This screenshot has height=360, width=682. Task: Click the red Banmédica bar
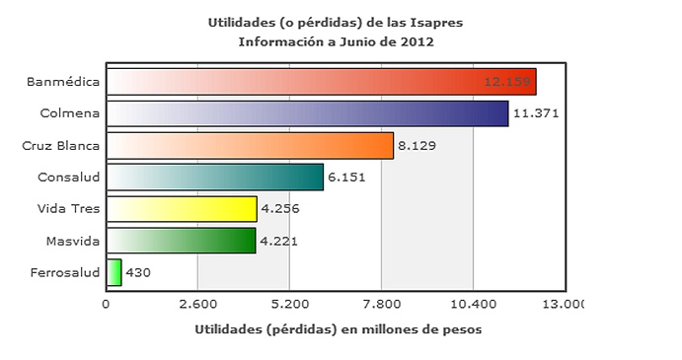pyautogui.click(x=321, y=81)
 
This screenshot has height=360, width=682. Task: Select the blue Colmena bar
pyautogui.click(x=307, y=113)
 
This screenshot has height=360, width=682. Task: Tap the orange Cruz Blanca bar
pyautogui.click(x=250, y=145)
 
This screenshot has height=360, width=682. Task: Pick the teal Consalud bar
pyautogui.click(x=214, y=177)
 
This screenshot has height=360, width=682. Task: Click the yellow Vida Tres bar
pyautogui.click(x=182, y=209)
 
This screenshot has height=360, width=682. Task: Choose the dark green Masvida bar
pyautogui.click(x=181, y=241)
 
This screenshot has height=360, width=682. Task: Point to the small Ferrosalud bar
pyautogui.click(x=114, y=272)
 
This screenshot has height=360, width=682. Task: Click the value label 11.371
pyautogui.click(x=537, y=113)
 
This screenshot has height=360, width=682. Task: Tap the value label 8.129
pyautogui.click(x=417, y=146)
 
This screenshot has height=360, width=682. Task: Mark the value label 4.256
pyautogui.click(x=279, y=209)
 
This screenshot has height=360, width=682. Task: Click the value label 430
pyautogui.click(x=138, y=273)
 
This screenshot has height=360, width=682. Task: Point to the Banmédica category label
pyautogui.click(x=63, y=81)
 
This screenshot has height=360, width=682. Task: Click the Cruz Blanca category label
pyautogui.click(x=61, y=145)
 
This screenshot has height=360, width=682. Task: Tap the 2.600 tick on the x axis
pyautogui.click(x=197, y=304)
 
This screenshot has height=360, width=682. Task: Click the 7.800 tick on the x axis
pyautogui.click(x=382, y=304)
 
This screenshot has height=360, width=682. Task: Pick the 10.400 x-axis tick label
pyautogui.click(x=474, y=304)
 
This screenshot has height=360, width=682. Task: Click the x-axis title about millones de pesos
pyautogui.click(x=339, y=328)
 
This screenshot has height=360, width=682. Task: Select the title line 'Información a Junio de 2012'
pyautogui.click(x=337, y=41)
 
